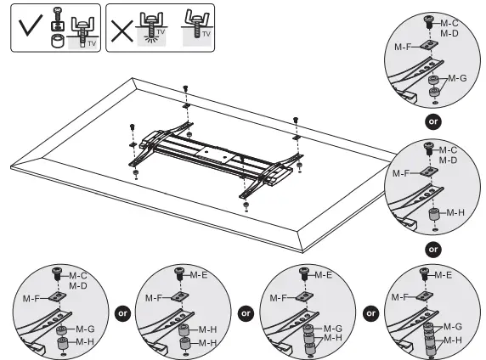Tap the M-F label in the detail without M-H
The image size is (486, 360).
(403, 48)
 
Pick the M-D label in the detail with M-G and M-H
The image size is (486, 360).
(79, 285)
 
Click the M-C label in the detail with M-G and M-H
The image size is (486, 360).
(79, 275)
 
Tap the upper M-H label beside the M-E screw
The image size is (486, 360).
(207, 329)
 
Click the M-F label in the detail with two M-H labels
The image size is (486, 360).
(153, 298)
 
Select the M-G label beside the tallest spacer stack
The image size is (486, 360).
(453, 326)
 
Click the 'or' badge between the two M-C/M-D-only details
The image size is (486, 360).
(433, 121)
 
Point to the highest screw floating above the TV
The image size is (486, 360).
(184, 88)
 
